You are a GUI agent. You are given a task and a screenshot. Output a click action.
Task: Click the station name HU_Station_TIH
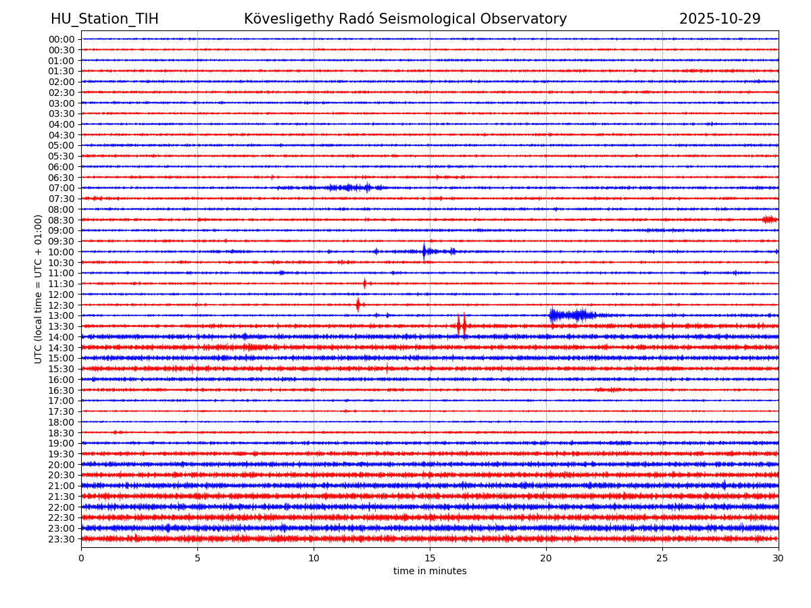click(105, 20)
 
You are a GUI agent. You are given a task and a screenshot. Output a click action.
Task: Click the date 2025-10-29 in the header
click(720, 20)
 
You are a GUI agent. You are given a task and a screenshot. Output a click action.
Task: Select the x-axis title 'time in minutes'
click(430, 572)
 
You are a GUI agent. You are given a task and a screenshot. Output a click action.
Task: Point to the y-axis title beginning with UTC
click(39, 288)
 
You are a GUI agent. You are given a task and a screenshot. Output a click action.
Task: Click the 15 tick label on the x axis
click(430, 559)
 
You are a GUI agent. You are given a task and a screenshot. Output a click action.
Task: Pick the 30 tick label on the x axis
click(779, 559)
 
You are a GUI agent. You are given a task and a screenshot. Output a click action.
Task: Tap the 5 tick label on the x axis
click(197, 559)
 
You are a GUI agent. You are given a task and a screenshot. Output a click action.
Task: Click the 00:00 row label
click(62, 39)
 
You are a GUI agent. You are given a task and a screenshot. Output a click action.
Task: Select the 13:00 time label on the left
click(62, 315)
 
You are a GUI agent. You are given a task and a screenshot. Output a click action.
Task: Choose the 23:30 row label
click(62, 539)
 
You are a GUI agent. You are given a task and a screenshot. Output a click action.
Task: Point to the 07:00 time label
click(62, 188)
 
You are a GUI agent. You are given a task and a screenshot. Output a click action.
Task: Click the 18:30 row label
click(62, 432)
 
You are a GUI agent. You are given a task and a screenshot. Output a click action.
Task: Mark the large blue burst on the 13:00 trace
click(572, 315)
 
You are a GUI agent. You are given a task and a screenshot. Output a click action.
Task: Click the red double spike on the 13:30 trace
click(461, 326)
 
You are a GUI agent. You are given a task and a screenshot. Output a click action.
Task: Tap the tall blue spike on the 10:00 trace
click(424, 251)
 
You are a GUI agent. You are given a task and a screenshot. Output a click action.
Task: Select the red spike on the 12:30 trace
click(358, 305)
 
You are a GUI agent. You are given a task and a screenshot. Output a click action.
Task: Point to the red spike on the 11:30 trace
click(364, 284)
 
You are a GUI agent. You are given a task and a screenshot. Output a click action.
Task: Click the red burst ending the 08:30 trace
click(769, 220)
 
